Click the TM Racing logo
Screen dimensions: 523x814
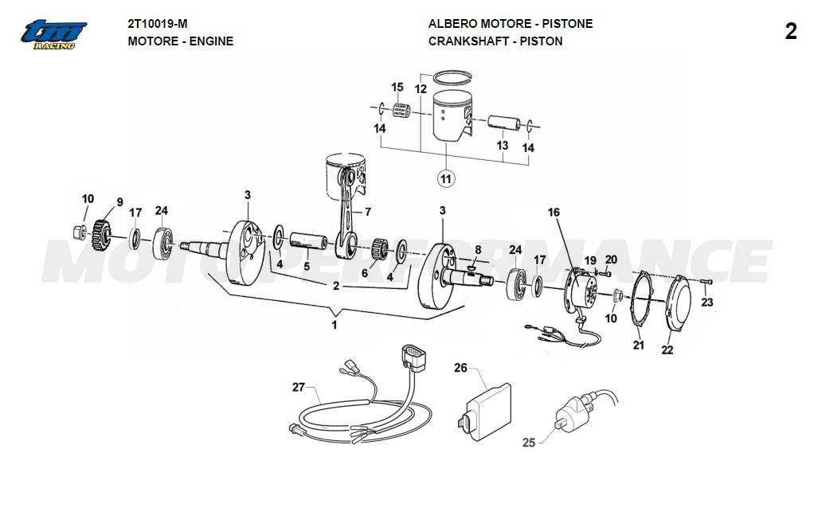pyautogui.click(x=54, y=34)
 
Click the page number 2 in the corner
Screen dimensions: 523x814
pyautogui.click(x=790, y=32)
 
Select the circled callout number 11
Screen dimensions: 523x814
pyautogui.click(x=446, y=178)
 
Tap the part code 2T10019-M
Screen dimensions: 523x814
pyautogui.click(x=158, y=24)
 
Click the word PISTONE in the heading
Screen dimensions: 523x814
pyautogui.click(x=568, y=24)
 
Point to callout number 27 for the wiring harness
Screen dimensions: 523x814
pyautogui.click(x=299, y=388)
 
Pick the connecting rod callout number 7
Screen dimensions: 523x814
pyautogui.click(x=368, y=212)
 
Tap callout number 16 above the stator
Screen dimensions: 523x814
pyautogui.click(x=554, y=213)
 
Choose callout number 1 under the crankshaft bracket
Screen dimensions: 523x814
pyautogui.click(x=335, y=325)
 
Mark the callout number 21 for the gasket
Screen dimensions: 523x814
pyautogui.click(x=638, y=345)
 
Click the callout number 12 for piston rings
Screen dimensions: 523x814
pyautogui.click(x=421, y=90)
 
